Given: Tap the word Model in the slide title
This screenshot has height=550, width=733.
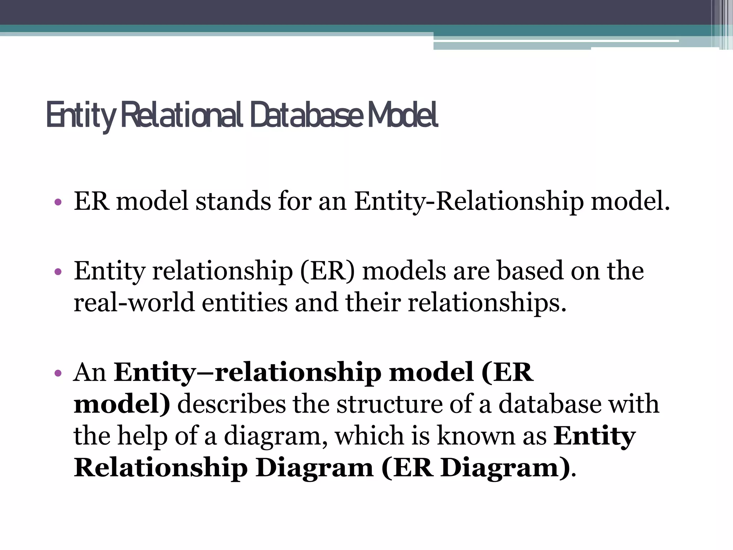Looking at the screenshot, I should (402, 115).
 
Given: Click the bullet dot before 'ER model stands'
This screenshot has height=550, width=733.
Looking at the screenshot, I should (58, 203).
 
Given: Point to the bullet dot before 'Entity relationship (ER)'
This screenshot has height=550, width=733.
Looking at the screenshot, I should (58, 272).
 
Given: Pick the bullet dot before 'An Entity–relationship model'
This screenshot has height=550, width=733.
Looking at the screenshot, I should (58, 374).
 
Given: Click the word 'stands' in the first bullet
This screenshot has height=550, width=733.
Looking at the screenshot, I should (233, 201).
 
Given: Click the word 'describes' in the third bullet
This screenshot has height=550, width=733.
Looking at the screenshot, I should (232, 404).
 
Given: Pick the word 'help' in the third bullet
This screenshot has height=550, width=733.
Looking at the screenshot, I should (142, 436).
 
